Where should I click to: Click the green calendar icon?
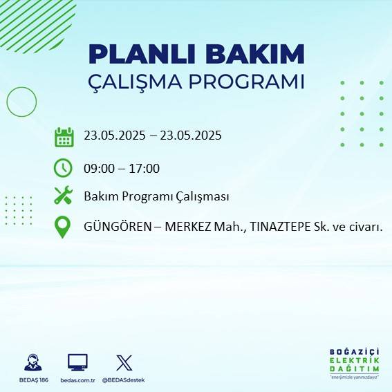pyautogui.click(x=64, y=136)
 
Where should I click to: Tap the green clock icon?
pyautogui.click(x=63, y=168)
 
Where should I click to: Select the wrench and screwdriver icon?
pyautogui.click(x=64, y=196)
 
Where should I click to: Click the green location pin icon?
pyautogui.click(x=63, y=227)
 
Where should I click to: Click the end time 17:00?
pyautogui.click(x=145, y=168)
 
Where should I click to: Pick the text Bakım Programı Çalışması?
pyautogui.click(x=156, y=197)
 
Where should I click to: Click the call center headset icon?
pyautogui.click(x=32, y=362)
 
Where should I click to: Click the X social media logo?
pyautogui.click(x=124, y=362)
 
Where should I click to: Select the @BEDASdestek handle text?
pyautogui.click(x=124, y=380)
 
